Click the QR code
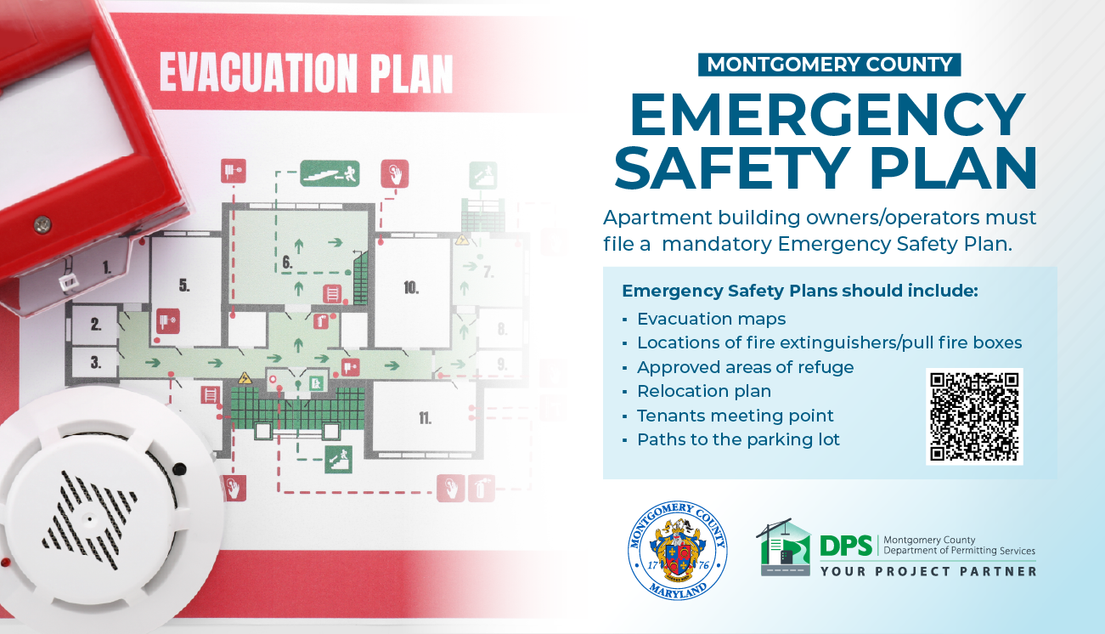[974, 416]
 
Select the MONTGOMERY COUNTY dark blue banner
[830, 65]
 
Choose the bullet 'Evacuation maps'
[711, 319]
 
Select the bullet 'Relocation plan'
[704, 392]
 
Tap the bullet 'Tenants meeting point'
[736, 416]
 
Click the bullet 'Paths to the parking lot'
[738, 439]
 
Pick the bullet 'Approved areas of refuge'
[745, 367]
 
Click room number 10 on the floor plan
[411, 288]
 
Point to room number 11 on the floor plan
[424, 418]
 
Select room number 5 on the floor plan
[183, 284]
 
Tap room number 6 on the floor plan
[287, 263]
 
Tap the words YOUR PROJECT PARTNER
[928, 571]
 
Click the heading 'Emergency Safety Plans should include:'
[800, 291]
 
